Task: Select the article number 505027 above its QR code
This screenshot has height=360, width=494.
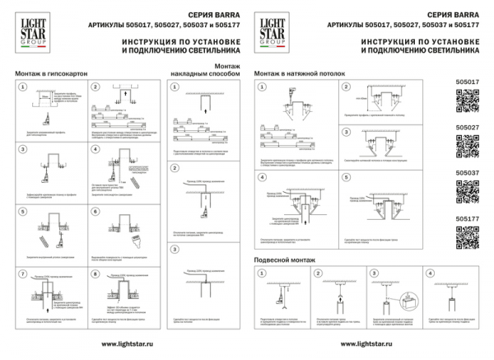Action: point(467,127)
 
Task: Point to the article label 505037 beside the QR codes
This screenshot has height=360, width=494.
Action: point(467,172)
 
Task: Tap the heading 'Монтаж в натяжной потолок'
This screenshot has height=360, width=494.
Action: point(300,72)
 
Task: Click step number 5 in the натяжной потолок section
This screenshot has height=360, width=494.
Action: point(347,178)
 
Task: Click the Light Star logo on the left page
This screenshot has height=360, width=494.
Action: point(30,30)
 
